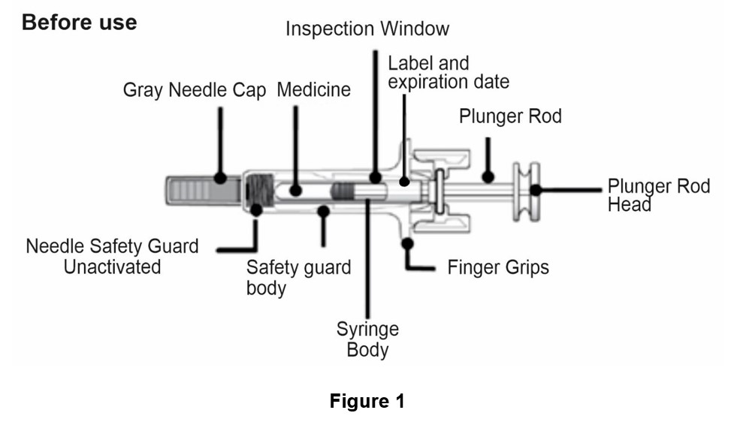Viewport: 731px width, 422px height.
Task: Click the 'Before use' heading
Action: click(x=79, y=23)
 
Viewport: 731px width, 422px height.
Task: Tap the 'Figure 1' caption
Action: click(x=367, y=401)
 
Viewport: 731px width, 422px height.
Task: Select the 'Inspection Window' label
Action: click(x=367, y=29)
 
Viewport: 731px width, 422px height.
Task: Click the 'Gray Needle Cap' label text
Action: click(x=194, y=91)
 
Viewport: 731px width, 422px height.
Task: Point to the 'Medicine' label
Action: click(x=313, y=90)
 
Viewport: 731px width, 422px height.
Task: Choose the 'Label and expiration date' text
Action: click(x=448, y=72)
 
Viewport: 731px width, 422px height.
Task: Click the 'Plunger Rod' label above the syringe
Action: click(x=510, y=117)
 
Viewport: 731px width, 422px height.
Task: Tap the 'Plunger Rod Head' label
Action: click(x=658, y=194)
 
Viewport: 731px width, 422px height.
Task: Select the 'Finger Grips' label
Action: click(x=498, y=267)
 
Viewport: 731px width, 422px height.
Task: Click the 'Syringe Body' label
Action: click(x=367, y=339)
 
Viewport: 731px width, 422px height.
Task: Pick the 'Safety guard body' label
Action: click(x=298, y=278)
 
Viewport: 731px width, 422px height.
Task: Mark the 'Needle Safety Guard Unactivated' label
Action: click(x=113, y=256)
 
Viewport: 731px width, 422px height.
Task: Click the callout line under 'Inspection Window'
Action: click(x=373, y=113)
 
